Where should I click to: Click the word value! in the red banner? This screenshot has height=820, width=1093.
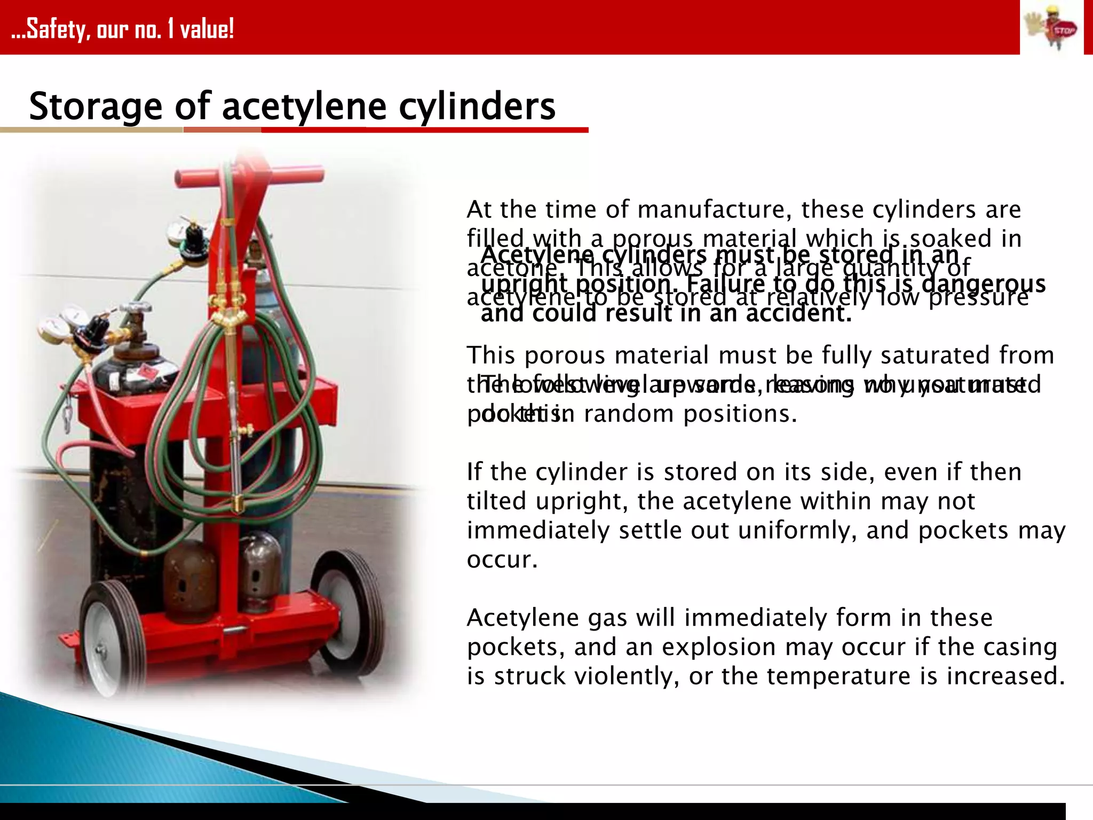[x=207, y=29]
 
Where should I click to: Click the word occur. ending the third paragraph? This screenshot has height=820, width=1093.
[x=502, y=560]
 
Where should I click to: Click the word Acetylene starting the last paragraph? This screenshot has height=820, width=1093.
[x=522, y=618]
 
